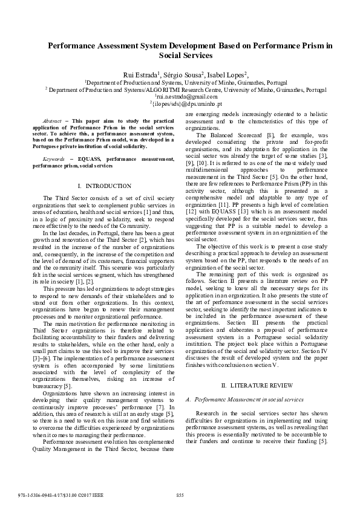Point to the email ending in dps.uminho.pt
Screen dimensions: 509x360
pos(183,103)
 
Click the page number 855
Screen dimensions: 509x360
pos(180,495)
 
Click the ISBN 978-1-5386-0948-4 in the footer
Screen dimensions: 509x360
pos(37,495)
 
